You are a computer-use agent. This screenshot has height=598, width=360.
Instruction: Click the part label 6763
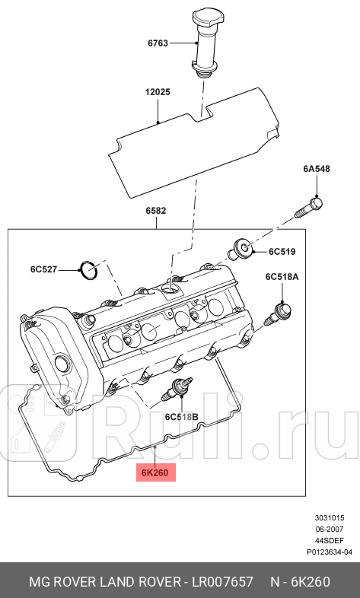tap(159, 44)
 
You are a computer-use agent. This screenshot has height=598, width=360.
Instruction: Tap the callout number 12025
tap(158, 92)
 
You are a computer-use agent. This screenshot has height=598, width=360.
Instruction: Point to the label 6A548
tap(317, 169)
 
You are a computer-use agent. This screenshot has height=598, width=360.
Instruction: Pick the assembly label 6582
tap(156, 210)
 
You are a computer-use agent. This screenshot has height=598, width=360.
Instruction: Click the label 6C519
tap(282, 251)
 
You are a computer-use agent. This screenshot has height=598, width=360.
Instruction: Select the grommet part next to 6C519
tap(243, 247)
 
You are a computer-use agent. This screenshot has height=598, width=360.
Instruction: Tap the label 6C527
tap(44, 269)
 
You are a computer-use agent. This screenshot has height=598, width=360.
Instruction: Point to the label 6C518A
tap(282, 277)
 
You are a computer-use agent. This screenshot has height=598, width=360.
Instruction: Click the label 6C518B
tap(181, 417)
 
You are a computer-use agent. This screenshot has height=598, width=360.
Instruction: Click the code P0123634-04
tap(330, 552)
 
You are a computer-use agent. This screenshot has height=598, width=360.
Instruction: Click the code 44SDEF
tap(336, 540)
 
